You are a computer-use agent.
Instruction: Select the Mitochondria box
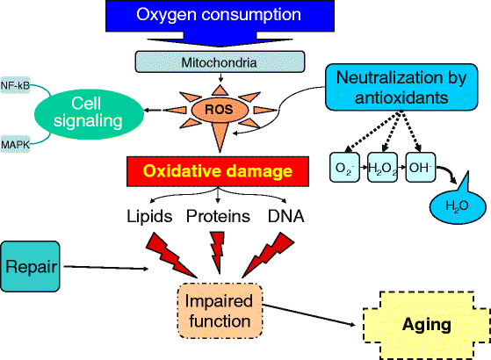coord(220,62)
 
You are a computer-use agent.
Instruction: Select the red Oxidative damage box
coord(220,169)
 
